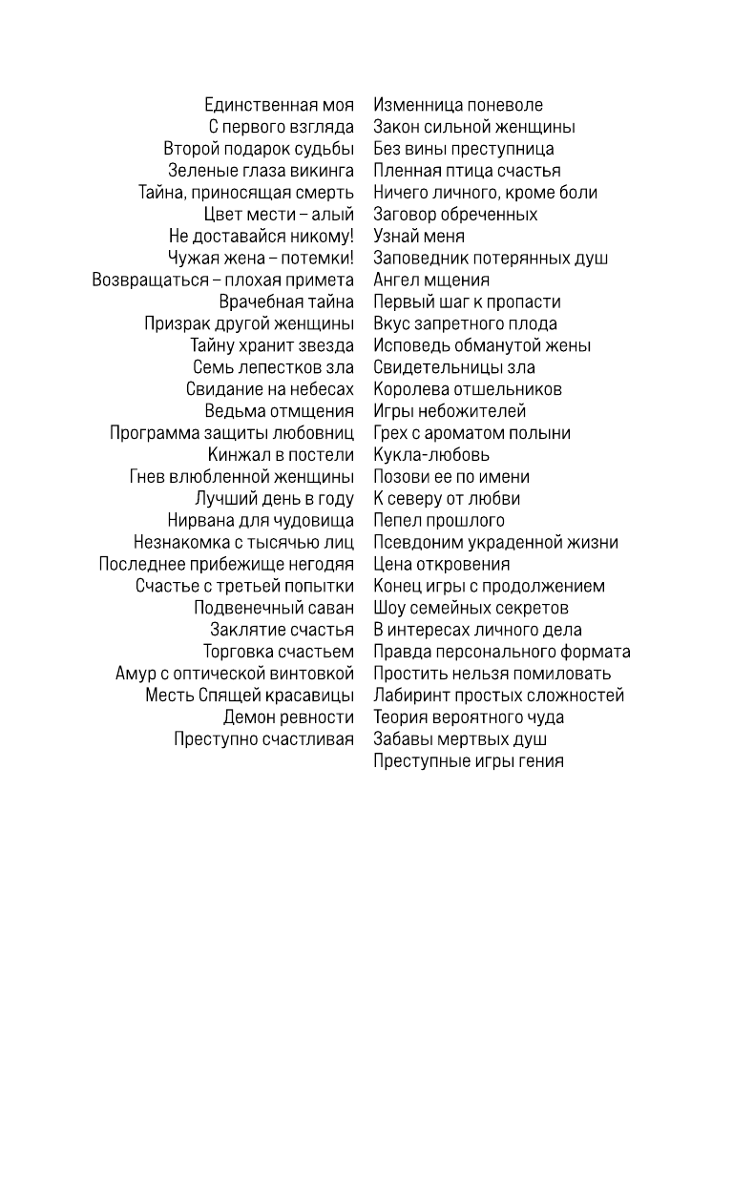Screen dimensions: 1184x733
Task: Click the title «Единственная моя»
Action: (x=279, y=105)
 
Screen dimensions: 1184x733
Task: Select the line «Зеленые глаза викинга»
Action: (x=261, y=171)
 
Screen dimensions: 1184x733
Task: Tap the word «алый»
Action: (x=333, y=215)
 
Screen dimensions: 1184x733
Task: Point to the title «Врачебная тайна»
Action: (x=286, y=302)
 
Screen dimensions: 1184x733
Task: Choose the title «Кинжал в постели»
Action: (x=281, y=455)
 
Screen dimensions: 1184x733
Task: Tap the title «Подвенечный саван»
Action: (x=274, y=609)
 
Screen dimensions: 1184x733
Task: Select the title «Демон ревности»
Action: (x=288, y=717)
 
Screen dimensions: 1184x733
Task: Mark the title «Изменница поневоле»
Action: (x=458, y=105)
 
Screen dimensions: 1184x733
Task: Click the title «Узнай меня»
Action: (x=419, y=237)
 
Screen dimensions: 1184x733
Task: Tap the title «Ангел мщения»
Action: (x=431, y=280)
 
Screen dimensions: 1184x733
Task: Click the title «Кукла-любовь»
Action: (x=431, y=455)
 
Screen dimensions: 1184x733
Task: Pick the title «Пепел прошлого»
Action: (x=439, y=521)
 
